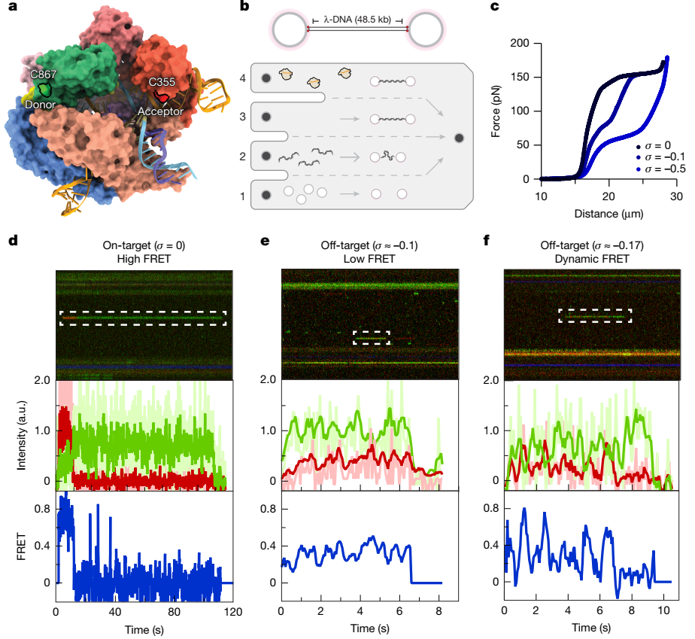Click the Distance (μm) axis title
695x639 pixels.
[603, 213]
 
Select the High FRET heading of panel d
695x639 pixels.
[141, 259]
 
